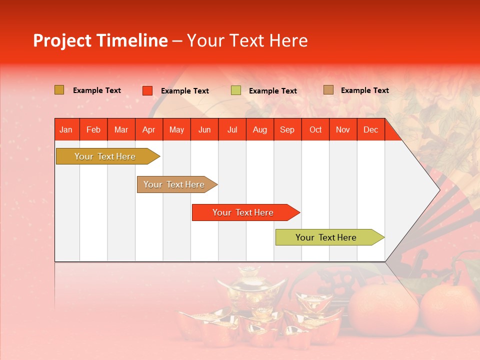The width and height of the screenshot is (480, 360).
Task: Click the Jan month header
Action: point(66,129)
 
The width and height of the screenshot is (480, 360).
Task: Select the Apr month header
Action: point(148,129)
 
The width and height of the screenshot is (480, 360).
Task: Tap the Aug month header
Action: point(259,129)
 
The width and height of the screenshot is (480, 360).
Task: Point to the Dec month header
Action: point(370,129)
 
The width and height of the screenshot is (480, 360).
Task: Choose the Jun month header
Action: point(204,129)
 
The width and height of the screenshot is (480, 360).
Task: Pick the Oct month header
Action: point(315,129)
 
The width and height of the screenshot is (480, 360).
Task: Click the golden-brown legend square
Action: point(59,90)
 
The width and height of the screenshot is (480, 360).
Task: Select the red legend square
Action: point(147,90)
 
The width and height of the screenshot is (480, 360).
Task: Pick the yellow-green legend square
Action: point(235,90)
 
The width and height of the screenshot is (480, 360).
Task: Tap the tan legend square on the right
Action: point(328,90)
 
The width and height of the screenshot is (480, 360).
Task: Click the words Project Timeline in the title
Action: point(100,40)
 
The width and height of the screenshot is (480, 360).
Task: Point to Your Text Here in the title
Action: point(247,40)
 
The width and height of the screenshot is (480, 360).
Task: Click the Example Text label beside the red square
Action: point(184,91)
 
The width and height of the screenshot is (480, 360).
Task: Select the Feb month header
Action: point(93,129)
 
